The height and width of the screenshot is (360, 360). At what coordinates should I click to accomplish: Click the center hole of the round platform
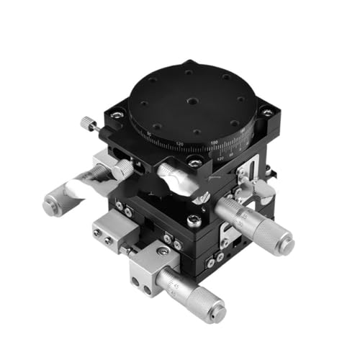pyautogui.click(x=192, y=102)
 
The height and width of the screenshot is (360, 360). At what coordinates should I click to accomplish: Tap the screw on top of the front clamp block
pyautogui.click(x=163, y=251)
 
